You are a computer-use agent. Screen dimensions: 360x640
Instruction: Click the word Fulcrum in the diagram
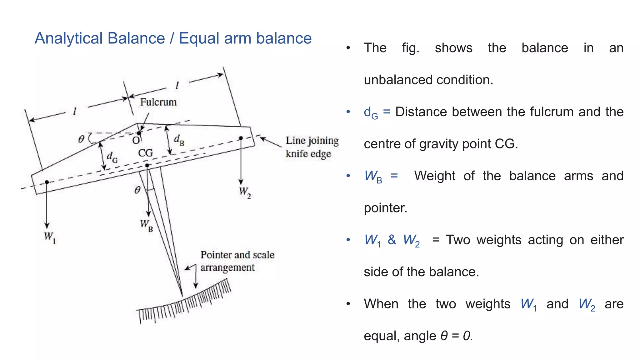click(x=158, y=102)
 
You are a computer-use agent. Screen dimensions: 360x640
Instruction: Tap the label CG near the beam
click(x=146, y=153)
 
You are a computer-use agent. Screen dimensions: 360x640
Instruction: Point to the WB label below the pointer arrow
click(x=146, y=225)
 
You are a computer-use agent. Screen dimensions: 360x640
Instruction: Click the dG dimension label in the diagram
click(x=112, y=157)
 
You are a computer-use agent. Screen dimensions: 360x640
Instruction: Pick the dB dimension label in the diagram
click(x=179, y=140)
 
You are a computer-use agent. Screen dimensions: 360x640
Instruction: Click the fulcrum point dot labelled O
click(x=139, y=133)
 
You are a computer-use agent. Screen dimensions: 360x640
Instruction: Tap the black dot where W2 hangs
click(x=241, y=138)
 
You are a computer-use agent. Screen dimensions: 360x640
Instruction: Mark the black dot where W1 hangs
click(x=47, y=182)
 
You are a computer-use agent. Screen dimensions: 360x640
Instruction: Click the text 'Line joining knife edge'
click(x=312, y=147)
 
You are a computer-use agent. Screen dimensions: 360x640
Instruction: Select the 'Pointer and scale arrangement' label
click(x=237, y=261)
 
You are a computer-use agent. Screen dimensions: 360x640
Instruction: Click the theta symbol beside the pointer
click(x=137, y=190)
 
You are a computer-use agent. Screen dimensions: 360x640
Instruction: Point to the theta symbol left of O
click(x=81, y=139)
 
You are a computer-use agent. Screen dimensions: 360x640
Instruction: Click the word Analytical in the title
click(x=68, y=38)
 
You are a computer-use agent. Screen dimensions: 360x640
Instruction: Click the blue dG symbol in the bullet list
click(x=371, y=112)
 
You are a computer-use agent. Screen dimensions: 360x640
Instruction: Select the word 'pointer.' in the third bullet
click(x=385, y=208)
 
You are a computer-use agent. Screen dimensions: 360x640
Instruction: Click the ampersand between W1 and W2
click(x=392, y=240)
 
